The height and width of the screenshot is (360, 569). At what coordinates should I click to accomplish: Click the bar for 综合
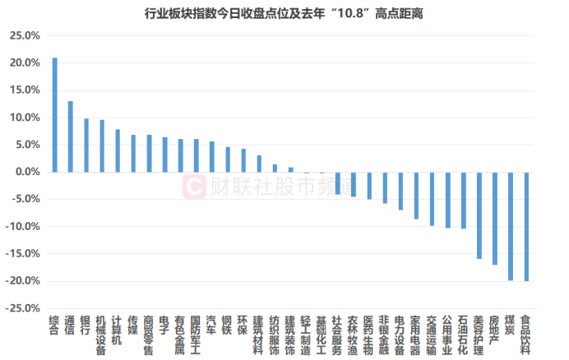[x=54, y=115]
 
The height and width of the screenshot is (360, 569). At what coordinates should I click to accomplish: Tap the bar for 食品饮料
[x=526, y=226]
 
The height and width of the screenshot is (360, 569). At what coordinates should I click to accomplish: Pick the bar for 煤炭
[x=511, y=226]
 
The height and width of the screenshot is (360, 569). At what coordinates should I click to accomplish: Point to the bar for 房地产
[x=495, y=218]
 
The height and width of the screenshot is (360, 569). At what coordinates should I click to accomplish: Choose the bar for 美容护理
[x=479, y=215]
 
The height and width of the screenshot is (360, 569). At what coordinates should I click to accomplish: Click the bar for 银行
[x=86, y=145]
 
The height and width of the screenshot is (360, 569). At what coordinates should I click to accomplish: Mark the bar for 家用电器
[x=416, y=196]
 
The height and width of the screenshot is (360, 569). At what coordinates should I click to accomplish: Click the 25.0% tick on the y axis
[x=25, y=36]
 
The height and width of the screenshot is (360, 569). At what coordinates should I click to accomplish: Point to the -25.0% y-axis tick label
[x=23, y=308]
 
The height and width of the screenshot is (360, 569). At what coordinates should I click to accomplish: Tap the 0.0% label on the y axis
[x=26, y=173]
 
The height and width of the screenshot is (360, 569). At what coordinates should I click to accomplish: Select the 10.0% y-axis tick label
[x=25, y=118]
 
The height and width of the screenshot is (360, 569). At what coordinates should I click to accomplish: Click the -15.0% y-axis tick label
[x=23, y=254]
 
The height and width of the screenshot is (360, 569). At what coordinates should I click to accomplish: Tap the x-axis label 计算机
[x=117, y=330]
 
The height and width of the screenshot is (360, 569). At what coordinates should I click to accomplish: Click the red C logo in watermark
[x=192, y=186]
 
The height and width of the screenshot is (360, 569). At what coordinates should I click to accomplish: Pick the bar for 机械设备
[x=102, y=146]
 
